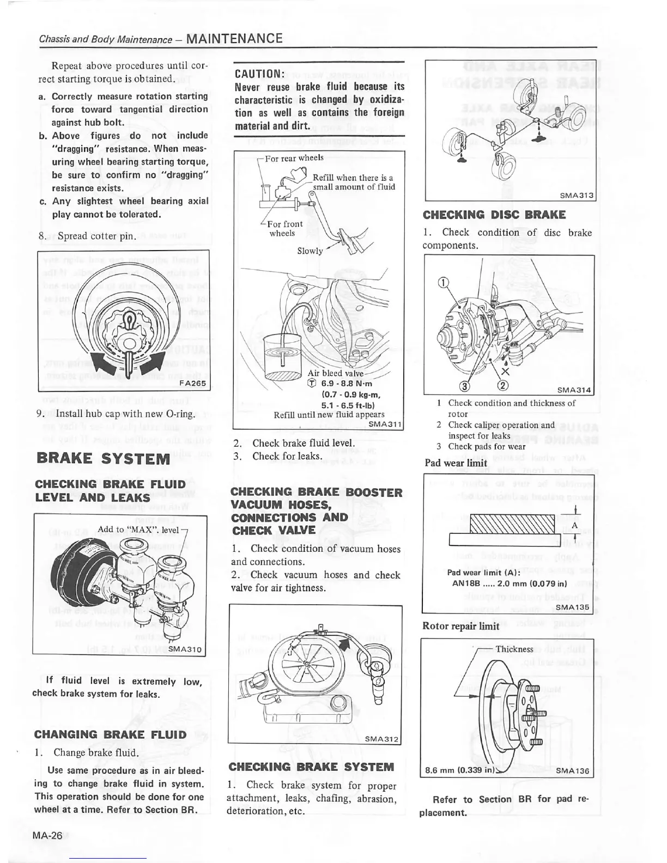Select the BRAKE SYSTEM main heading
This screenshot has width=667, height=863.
103,458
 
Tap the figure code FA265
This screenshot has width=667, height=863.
192,383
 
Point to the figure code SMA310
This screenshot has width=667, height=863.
185,648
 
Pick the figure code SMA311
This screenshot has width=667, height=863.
385,424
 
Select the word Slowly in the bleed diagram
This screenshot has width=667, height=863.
310,251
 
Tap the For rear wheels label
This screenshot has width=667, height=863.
294,158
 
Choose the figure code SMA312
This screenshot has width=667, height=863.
382,739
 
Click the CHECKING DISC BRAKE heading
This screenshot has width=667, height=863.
494,215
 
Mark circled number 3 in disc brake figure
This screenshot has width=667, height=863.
464,387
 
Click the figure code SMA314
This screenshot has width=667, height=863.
574,390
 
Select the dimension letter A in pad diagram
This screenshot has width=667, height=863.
574,526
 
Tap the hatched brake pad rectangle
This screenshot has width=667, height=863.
512,524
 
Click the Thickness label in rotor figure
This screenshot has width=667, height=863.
514,649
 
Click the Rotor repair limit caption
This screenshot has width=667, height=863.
460,626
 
